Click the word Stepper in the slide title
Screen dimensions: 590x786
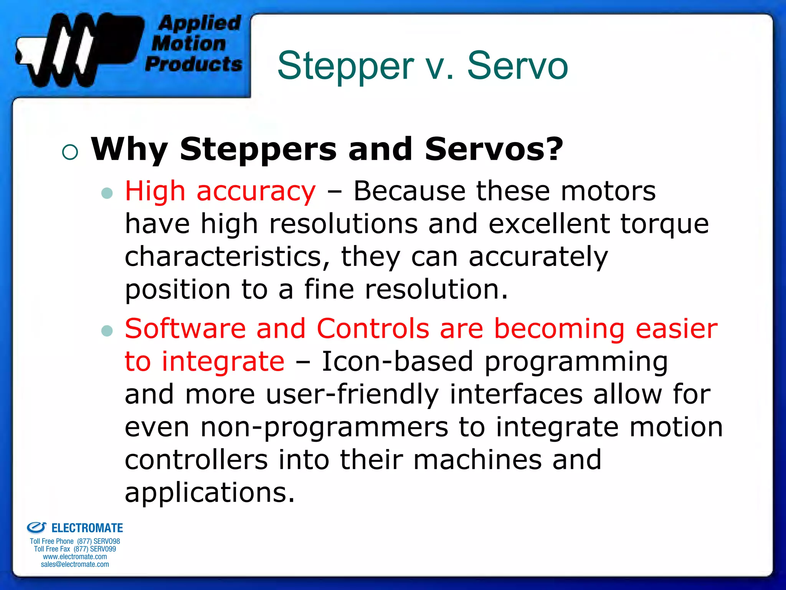pyautogui.click(x=345, y=66)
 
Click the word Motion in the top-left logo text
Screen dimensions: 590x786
pyautogui.click(x=188, y=43)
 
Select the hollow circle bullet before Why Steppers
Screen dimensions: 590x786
pyautogui.click(x=70, y=152)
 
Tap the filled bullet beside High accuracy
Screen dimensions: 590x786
pyautogui.click(x=107, y=193)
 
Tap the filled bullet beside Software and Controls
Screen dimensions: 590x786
pyautogui.click(x=107, y=330)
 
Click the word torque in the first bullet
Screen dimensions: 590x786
pyautogui.click(x=664, y=224)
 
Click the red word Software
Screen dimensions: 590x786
pyautogui.click(x=185, y=329)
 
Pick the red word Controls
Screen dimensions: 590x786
pyautogui.click(x=373, y=329)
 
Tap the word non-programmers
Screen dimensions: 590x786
pyautogui.click(x=324, y=428)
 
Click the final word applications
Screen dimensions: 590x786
pyautogui.click(x=210, y=493)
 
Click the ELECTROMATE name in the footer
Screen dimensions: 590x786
pyautogui.click(x=87, y=528)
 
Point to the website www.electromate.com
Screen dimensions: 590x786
pyautogui.click(x=75, y=557)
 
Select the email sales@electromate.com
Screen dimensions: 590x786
pyautogui.click(x=75, y=564)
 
